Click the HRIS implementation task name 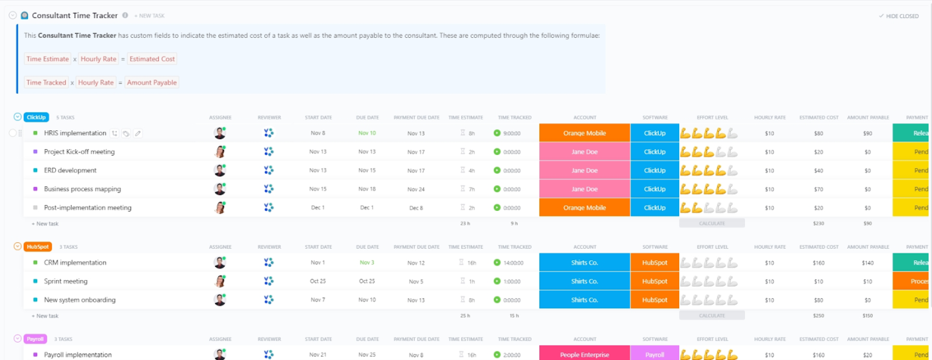pos(75,133)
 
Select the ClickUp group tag pos(36,117)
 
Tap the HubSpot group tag pos(37,246)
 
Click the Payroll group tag pos(35,339)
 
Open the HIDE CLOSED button pos(899,16)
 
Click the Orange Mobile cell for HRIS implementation pos(584,133)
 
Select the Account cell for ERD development pos(584,170)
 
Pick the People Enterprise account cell pos(584,355)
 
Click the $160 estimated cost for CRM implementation pos(818,263)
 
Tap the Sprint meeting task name pos(66,281)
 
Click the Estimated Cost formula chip pos(152,59)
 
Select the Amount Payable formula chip pos(152,83)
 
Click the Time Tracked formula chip pos(46,83)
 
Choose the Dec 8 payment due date pos(416,208)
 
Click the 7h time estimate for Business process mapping pos(471,189)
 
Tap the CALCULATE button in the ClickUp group pos(712,224)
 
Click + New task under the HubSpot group pos(45,316)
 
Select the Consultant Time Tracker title pos(75,15)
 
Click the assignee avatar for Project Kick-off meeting pos(220,152)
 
